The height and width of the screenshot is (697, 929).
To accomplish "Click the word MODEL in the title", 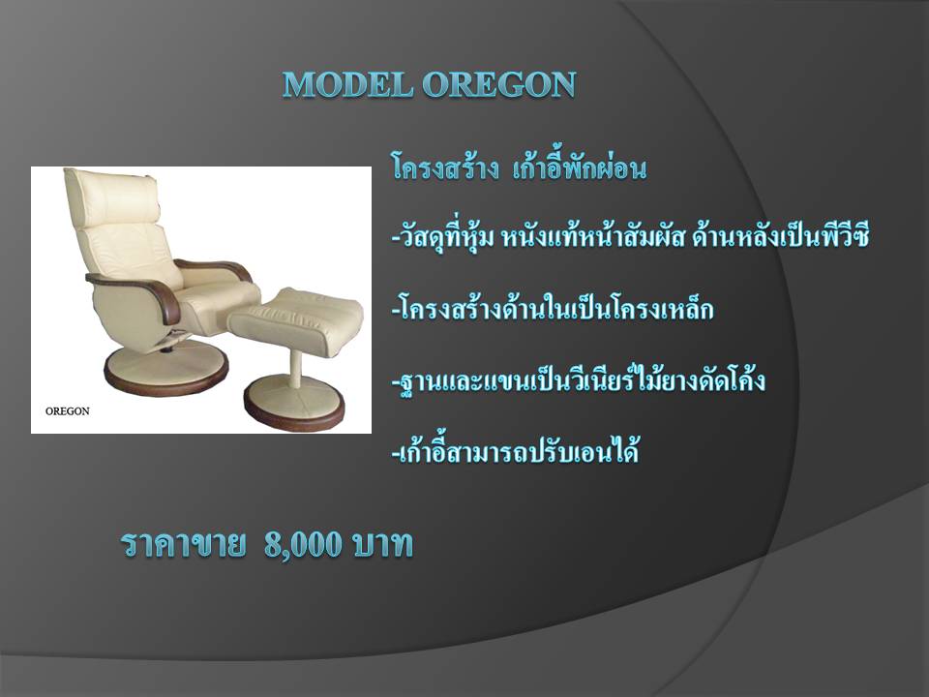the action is pyautogui.click(x=347, y=84).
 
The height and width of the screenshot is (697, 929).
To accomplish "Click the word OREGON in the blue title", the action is pyautogui.click(x=499, y=84).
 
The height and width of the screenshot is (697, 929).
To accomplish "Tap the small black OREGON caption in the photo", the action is pyautogui.click(x=68, y=411).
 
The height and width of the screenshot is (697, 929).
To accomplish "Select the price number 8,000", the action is pyautogui.click(x=303, y=543).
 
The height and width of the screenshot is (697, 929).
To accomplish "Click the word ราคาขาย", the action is pyautogui.click(x=183, y=544).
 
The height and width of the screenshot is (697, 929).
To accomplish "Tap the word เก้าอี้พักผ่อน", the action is pyautogui.click(x=579, y=167).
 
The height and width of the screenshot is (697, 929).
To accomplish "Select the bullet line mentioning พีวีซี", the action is pyautogui.click(x=630, y=237).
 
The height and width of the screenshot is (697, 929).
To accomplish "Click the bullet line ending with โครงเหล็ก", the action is pyautogui.click(x=553, y=308).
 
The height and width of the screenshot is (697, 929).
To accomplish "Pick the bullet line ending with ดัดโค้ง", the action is pyautogui.click(x=579, y=379).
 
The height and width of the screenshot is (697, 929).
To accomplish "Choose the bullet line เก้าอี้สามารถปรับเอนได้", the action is pyautogui.click(x=515, y=450).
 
